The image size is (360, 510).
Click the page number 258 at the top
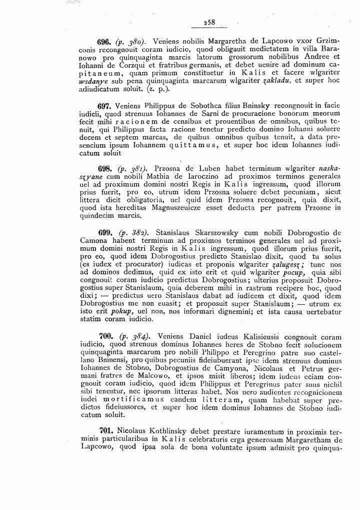click(208, 22)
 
